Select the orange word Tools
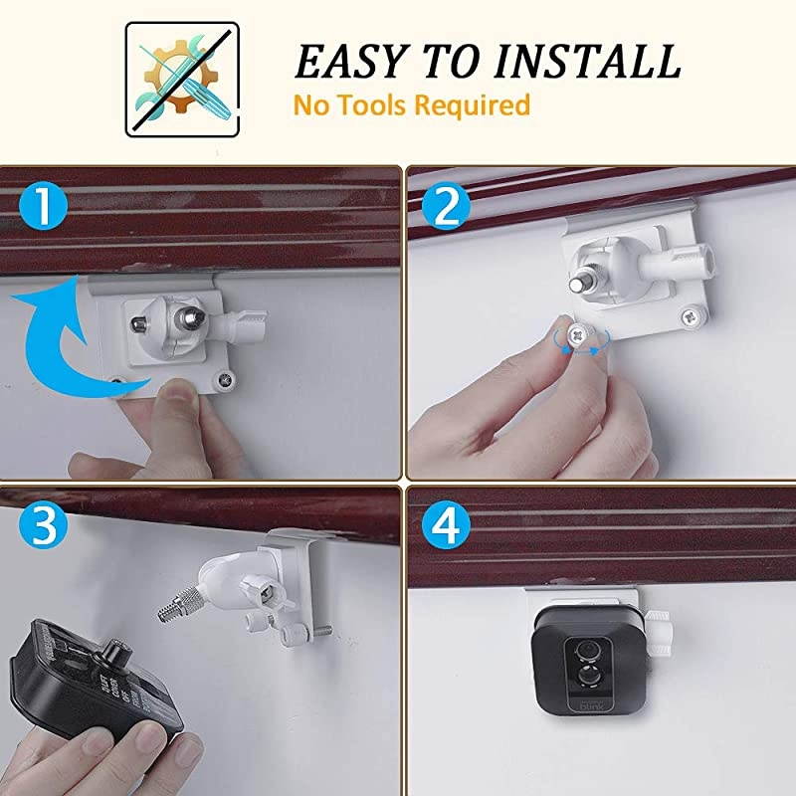coord(370,103)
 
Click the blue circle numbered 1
coord(43,208)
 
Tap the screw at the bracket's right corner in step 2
coord(690,317)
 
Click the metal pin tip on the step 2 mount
coord(578,283)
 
